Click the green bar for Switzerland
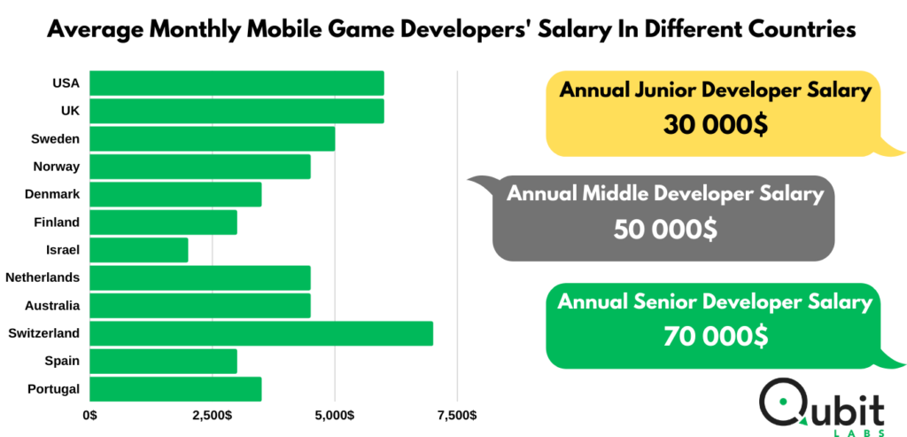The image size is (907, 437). click(261, 333)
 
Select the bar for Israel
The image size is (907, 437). click(139, 250)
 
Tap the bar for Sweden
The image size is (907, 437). click(213, 139)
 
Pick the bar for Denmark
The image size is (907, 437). click(176, 194)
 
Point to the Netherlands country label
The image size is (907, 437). click(43, 277)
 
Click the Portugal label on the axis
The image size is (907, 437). click(54, 389)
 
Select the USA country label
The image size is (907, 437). click(66, 83)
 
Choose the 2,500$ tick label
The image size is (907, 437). click(213, 416)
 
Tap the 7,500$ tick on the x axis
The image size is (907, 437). click(458, 416)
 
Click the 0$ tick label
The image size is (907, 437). click(90, 416)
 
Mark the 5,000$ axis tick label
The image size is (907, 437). click(335, 416)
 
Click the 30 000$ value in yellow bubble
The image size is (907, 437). click(716, 124)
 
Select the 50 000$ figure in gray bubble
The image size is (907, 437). click(665, 230)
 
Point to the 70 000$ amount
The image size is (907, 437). click(716, 336)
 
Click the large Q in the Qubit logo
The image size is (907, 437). click(784, 404)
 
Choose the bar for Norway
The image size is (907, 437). click(200, 167)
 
